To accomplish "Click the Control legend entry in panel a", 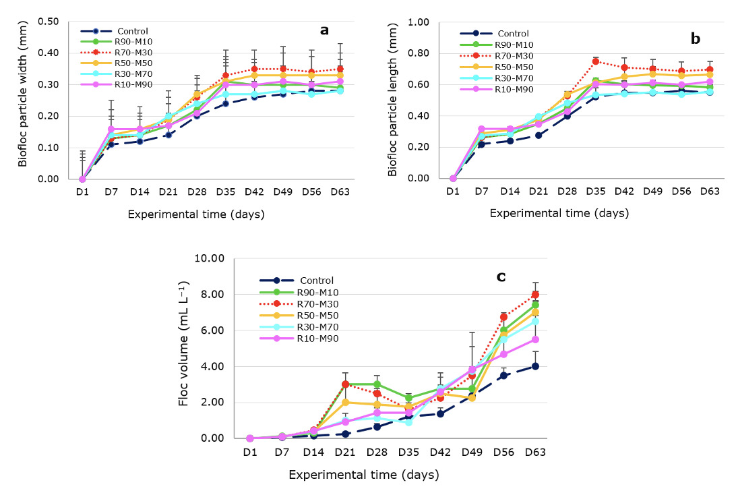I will (x=133, y=31).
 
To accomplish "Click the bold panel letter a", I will (x=324, y=30).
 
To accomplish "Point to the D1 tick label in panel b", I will (x=453, y=192).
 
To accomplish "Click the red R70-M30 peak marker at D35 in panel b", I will (x=595, y=61).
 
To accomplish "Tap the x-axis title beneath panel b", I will (x=559, y=213).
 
